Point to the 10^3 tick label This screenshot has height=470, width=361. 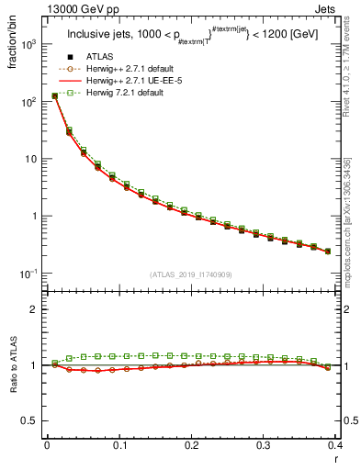[29, 44]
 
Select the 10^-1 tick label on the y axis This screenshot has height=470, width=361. [29, 274]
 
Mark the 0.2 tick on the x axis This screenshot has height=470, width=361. [191, 446]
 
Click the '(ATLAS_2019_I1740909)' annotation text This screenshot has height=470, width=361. [190, 274]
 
